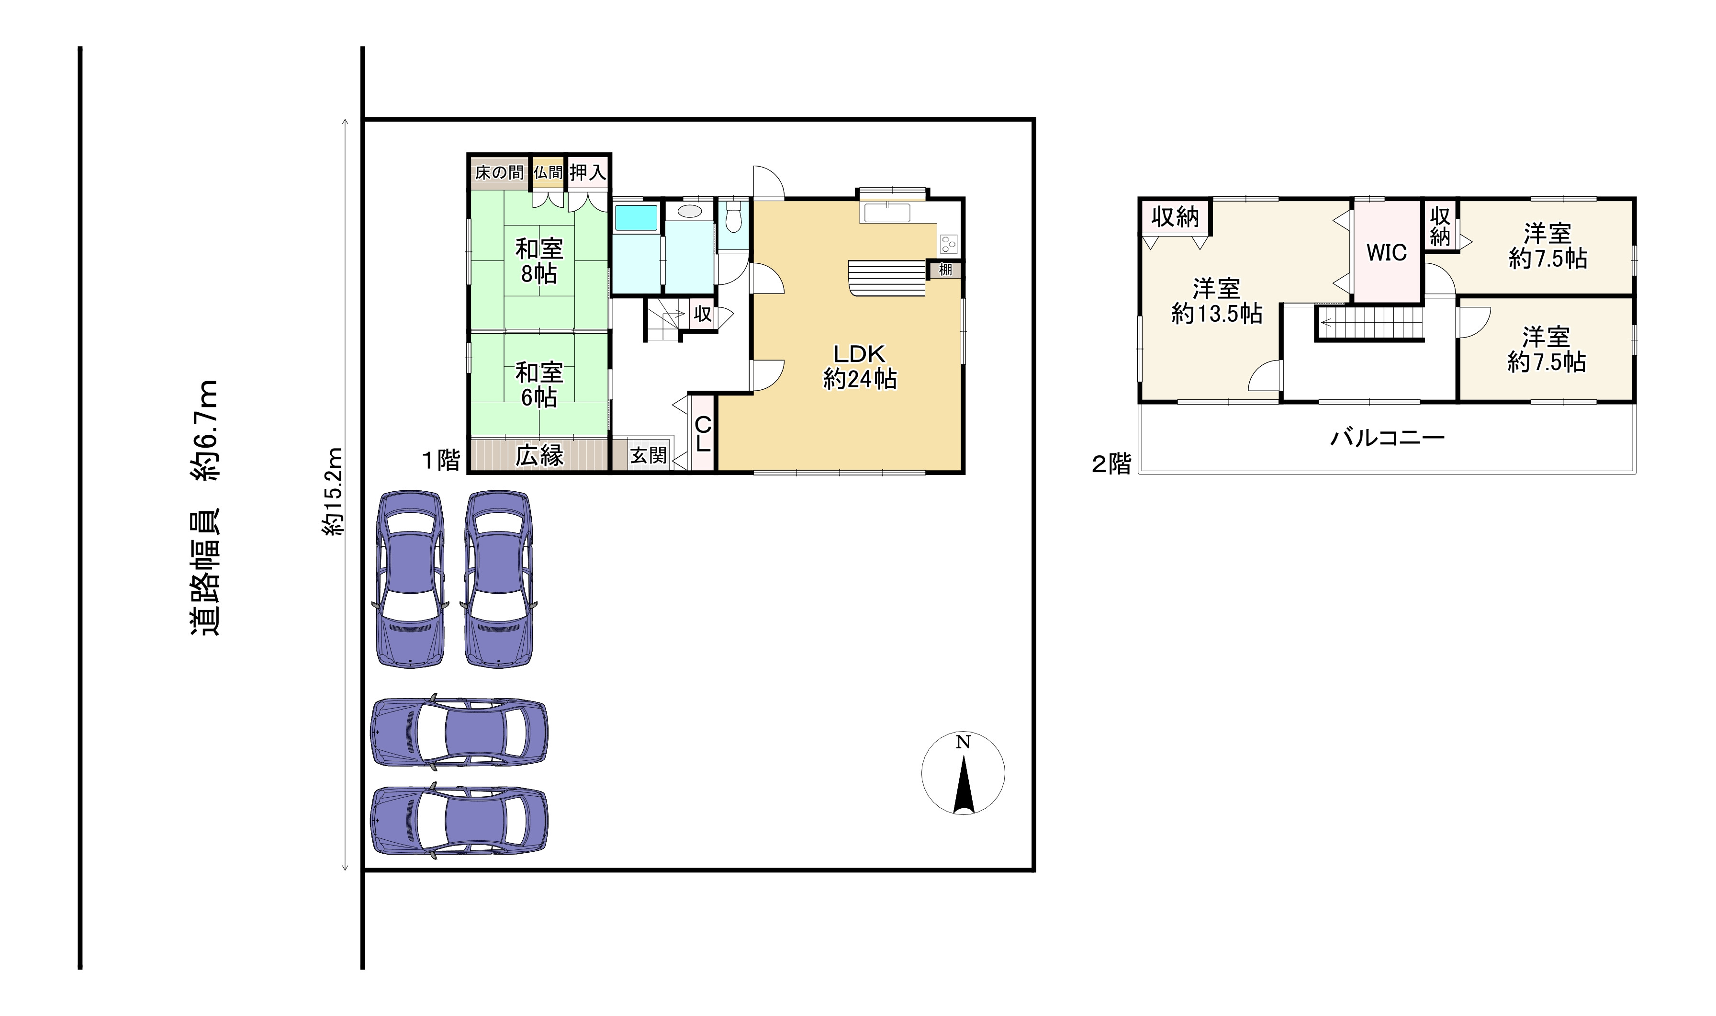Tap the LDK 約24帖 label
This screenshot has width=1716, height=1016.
point(860,366)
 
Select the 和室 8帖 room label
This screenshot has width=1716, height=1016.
point(539,261)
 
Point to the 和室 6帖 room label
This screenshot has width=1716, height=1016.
point(539,385)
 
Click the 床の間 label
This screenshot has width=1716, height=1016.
point(499,172)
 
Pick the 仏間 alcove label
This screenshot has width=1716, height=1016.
point(548,172)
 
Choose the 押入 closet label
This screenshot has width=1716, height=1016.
point(588,172)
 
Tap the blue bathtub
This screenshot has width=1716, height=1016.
point(636,218)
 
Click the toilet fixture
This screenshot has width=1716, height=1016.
point(734,215)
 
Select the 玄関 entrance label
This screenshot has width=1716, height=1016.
point(648,455)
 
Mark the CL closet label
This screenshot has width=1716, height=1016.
point(703,435)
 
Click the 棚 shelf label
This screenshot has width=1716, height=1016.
point(945,269)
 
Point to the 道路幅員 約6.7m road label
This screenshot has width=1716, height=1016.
point(204,508)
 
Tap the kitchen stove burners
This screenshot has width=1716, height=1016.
point(949,244)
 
